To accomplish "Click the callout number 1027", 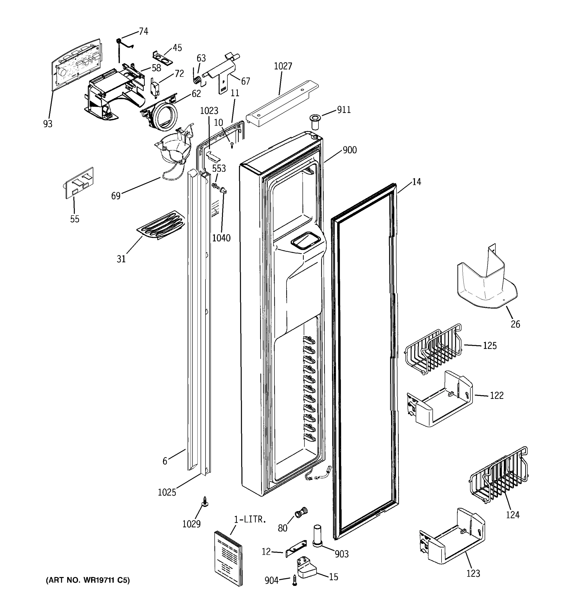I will (x=283, y=66).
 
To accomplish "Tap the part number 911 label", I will (x=344, y=110).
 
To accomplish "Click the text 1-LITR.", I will (x=250, y=519).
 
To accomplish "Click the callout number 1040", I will (x=221, y=238).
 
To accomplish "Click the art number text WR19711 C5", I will (x=88, y=580).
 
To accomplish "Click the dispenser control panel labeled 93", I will (x=75, y=65).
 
